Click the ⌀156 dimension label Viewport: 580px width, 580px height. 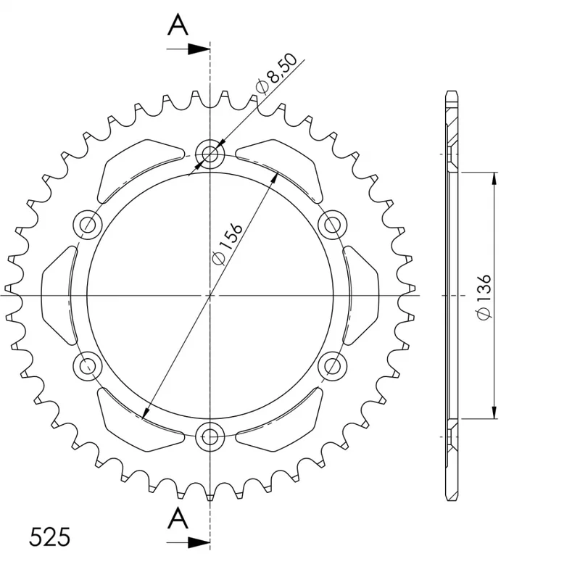point(228,244)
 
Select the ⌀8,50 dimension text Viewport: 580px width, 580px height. point(276,74)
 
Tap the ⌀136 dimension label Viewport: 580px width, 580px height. point(484,297)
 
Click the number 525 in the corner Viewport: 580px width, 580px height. point(49,537)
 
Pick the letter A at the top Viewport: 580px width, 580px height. point(178,25)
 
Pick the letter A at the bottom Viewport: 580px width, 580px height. point(178,518)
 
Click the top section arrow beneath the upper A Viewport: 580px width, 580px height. point(188,49)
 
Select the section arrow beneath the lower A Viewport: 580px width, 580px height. point(188,542)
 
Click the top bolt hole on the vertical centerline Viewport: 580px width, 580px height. point(210,154)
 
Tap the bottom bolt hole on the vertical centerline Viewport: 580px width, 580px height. point(210,437)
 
